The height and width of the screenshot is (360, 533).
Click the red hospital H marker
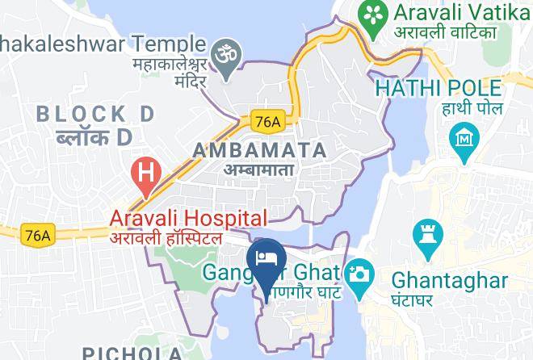click(146, 173)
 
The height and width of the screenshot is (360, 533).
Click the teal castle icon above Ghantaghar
click(426, 235)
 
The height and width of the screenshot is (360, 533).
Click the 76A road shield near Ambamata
click(266, 119)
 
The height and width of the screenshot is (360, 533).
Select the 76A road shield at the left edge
click(36, 235)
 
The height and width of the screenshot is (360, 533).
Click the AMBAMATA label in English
click(259, 150)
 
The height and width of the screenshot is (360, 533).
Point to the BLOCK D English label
click(95, 114)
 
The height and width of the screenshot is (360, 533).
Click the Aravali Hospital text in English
click(188, 218)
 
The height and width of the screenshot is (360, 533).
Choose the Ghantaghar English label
click(449, 279)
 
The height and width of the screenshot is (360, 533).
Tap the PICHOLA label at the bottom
click(132, 353)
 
